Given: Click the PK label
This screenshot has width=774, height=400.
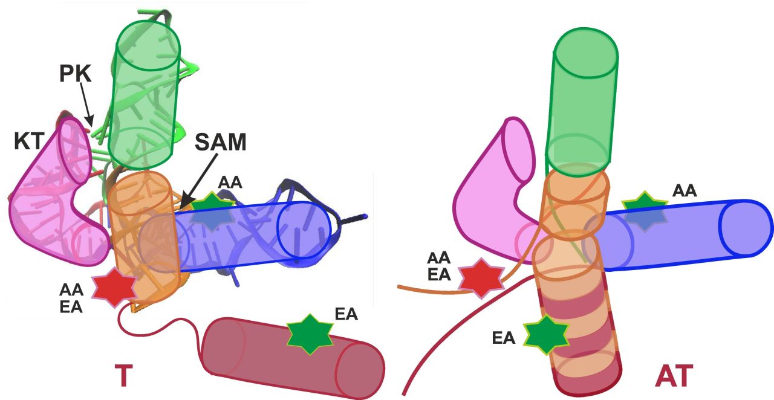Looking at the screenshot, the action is [76, 73].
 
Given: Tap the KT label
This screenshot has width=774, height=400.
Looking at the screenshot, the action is [29, 141].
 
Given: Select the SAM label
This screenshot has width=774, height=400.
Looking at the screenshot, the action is [221, 142].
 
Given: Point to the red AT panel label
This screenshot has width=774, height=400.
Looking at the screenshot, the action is [674, 376].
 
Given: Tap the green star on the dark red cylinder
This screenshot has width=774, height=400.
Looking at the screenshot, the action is [310, 334].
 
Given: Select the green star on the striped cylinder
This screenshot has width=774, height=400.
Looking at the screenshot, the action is [546, 335].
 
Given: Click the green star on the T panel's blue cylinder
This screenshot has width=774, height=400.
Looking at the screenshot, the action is [212, 210].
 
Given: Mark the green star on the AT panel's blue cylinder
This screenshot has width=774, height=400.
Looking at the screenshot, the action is [645, 211].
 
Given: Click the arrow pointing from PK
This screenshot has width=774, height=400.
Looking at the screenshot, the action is [86, 105].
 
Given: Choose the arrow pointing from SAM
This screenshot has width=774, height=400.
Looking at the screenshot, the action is [199, 181].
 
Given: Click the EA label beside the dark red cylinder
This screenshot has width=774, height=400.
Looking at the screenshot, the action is [346, 314].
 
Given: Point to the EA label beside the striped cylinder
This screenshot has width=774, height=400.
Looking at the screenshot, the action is [504, 338].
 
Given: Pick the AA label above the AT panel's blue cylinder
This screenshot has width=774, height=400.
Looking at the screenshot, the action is [684, 191].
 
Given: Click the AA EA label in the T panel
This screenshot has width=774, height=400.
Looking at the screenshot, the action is [71, 298].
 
